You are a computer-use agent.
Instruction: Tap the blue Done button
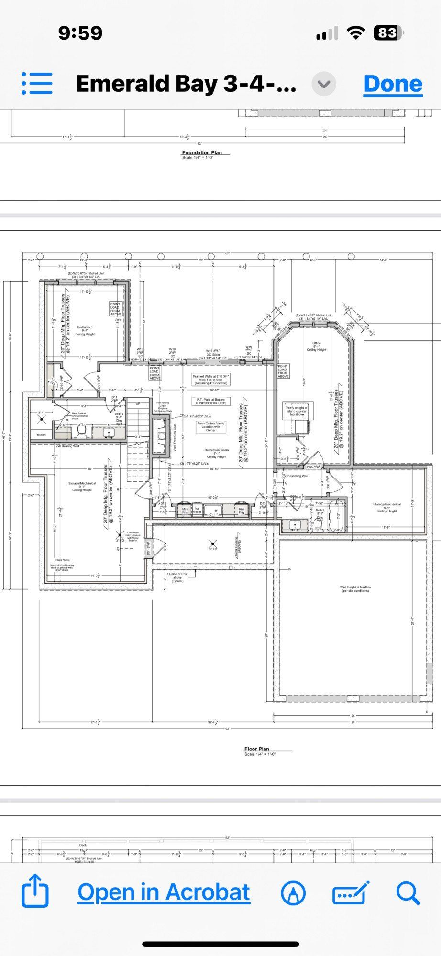point(393,84)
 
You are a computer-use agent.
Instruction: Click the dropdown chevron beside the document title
point(324,84)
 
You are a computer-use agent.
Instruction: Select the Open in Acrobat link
point(164,892)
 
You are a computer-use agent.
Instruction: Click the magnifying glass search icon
point(408,892)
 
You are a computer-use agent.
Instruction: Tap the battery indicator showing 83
point(388,33)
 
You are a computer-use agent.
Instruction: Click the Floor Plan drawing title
point(257,749)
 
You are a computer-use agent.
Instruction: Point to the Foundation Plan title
point(202,153)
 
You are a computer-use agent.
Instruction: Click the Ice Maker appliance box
point(197,510)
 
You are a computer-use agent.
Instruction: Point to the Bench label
point(42,435)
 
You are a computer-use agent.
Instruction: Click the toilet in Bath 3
point(81,432)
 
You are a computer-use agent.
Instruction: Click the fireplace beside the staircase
point(160,435)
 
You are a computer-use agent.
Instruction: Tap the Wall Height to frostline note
point(355,588)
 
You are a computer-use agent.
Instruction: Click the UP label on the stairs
point(138,404)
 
